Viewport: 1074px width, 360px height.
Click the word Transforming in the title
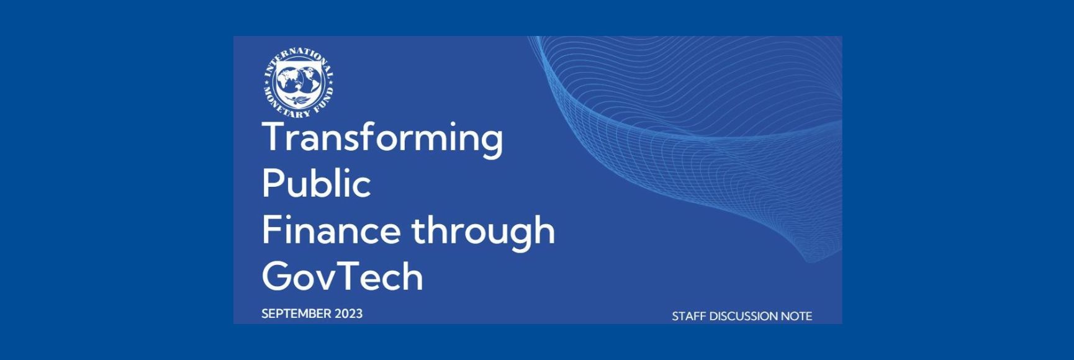coord(382,138)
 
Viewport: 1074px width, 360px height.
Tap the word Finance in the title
coord(330,230)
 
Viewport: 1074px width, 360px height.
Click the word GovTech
coord(342,276)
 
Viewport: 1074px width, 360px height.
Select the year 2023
coord(348,313)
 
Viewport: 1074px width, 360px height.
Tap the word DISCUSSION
coord(743,316)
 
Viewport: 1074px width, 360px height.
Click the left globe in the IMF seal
coord(289,79)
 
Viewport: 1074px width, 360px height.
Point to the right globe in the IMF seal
coord(309,79)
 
